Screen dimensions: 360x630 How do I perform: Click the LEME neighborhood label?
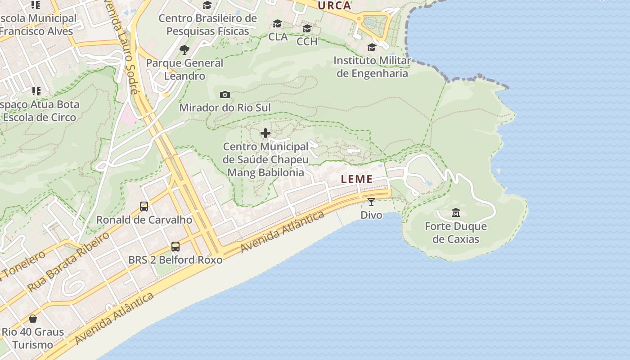click(357, 179)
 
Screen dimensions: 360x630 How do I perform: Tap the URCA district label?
click(334, 6)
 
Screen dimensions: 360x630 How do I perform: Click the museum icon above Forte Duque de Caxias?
click(456, 212)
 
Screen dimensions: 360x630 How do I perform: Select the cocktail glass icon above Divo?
click(371, 202)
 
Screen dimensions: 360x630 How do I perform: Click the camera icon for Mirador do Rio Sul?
click(225, 94)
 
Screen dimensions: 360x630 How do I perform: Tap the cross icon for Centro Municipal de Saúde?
click(265, 133)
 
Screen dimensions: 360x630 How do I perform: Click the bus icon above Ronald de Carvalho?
click(144, 207)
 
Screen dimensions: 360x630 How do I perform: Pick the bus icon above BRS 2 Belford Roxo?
click(175, 247)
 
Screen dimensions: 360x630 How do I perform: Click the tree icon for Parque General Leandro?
click(184, 49)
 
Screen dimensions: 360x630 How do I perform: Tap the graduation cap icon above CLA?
click(278, 23)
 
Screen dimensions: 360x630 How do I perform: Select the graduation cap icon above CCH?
click(307, 28)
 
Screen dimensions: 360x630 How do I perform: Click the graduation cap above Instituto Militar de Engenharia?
click(372, 47)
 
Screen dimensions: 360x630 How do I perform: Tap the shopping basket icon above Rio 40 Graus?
click(33, 319)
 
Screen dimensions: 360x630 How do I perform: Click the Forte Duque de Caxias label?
click(456, 233)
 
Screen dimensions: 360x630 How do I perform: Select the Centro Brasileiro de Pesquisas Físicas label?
click(207, 25)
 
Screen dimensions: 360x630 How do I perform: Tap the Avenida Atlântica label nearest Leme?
click(283, 232)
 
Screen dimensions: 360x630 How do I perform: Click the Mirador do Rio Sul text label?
click(225, 108)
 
